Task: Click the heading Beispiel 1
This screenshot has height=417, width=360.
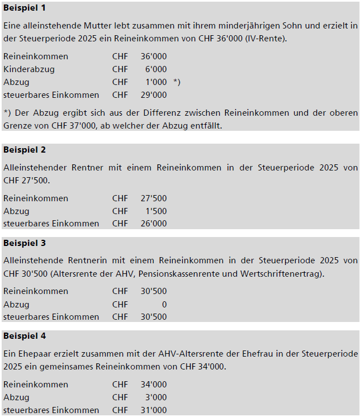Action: (x=25, y=8)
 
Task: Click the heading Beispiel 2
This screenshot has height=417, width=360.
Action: (x=25, y=150)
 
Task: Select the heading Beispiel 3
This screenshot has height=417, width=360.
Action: (x=25, y=243)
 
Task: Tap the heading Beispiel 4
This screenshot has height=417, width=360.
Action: (x=25, y=336)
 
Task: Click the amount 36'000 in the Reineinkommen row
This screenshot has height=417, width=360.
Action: (x=154, y=56)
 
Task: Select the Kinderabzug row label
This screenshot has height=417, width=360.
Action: (x=29, y=69)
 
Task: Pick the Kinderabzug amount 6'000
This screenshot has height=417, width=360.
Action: (x=156, y=69)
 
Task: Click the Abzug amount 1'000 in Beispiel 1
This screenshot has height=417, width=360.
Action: (x=156, y=82)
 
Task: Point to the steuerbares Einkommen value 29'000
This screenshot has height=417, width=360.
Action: (x=154, y=95)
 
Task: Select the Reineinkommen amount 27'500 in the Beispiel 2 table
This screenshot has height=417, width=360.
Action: (x=154, y=198)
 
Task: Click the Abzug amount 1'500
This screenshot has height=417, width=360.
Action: (x=156, y=211)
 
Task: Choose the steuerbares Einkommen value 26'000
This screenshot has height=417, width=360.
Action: (x=154, y=224)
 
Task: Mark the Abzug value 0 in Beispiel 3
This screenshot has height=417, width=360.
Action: (x=164, y=305)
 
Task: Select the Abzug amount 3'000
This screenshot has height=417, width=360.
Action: (x=156, y=397)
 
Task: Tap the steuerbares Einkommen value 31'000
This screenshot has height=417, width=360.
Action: (x=154, y=410)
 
